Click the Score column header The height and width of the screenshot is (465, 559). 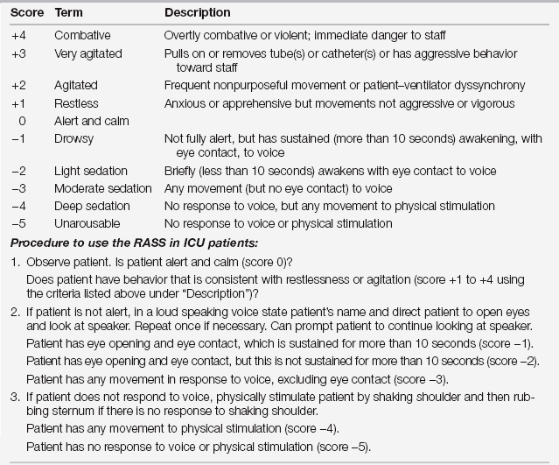(21, 13)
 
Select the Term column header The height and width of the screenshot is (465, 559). (70, 13)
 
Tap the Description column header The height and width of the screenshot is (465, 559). (198, 13)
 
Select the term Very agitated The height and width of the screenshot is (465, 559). (88, 53)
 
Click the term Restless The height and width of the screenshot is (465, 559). (76, 103)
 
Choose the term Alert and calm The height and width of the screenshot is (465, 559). (88, 121)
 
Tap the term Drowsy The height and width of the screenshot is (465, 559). (74, 138)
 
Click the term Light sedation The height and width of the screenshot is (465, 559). (91, 170)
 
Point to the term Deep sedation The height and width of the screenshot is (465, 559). (91, 206)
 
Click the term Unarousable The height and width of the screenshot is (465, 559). (86, 222)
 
